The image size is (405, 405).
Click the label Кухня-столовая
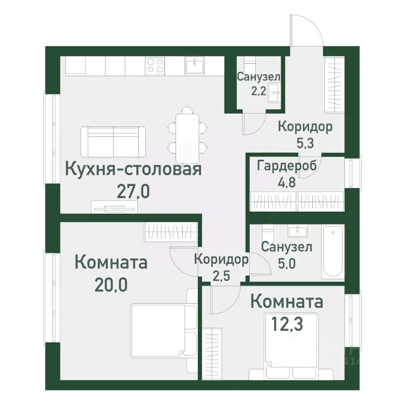133,170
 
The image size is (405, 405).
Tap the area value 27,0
133,193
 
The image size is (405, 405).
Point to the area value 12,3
286,324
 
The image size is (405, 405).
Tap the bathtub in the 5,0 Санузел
333,252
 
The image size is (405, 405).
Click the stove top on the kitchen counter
155,65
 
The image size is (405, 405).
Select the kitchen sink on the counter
195,65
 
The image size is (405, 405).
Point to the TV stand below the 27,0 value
114,207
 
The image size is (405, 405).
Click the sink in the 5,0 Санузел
299,230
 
